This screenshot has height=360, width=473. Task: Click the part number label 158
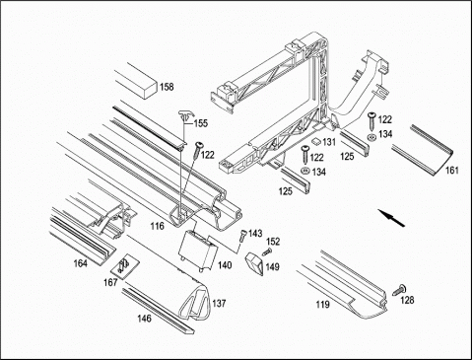tap(167, 87)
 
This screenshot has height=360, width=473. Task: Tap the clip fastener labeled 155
tap(185, 116)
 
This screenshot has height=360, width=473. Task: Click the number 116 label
tap(158, 226)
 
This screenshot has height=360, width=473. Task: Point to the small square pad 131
tap(316, 141)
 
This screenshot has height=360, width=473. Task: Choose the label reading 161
tap(451, 171)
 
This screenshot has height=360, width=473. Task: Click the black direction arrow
tap(391, 218)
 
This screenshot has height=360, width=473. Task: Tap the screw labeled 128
tap(400, 290)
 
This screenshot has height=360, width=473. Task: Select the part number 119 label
tap(322, 305)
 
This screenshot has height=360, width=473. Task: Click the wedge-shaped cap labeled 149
tap(254, 263)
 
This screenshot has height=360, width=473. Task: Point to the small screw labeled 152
tap(267, 252)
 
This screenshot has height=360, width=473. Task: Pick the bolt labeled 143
tap(242, 236)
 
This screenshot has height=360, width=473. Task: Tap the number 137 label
tap(219, 303)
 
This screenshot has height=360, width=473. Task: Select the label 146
tap(144, 319)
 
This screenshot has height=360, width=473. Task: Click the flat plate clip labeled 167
tap(124, 266)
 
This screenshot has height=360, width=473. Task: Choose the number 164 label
tap(81, 263)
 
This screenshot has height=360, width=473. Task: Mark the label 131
tap(329, 142)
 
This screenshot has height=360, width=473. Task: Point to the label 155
tap(201, 123)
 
